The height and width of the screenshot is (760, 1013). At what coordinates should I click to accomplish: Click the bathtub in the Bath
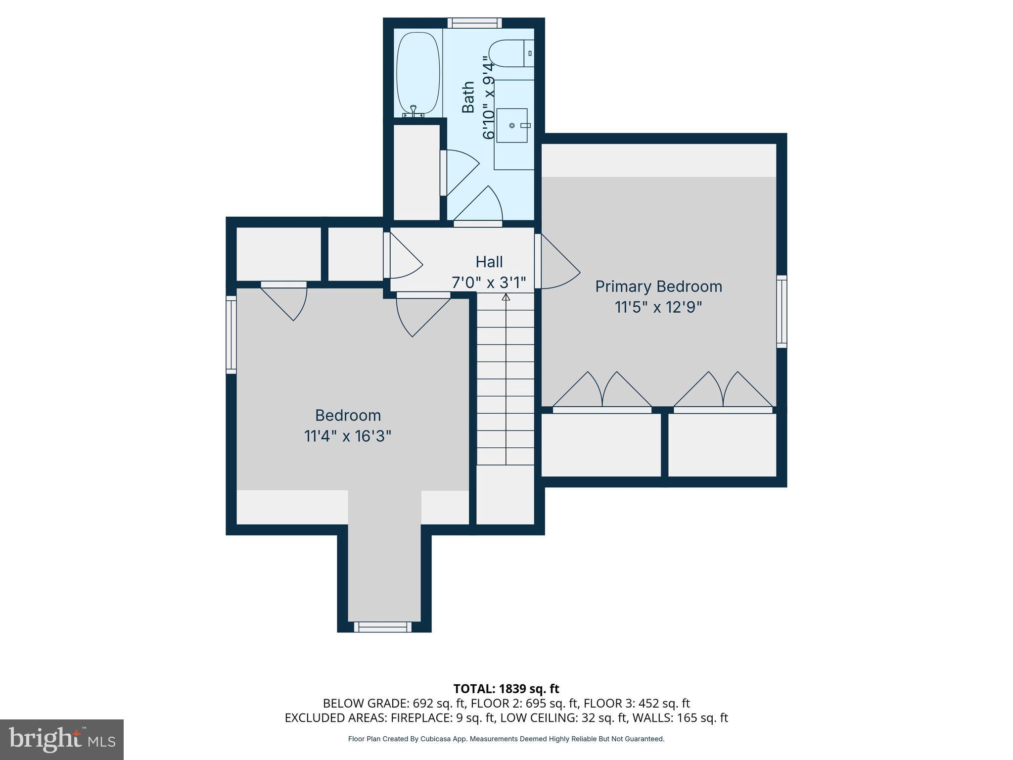pos(418,73)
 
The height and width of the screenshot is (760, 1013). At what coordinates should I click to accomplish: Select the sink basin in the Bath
pos(512,125)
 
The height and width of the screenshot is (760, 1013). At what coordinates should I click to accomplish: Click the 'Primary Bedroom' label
pos(658,286)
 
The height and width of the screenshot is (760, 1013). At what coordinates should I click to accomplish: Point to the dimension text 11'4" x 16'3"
pos(348,436)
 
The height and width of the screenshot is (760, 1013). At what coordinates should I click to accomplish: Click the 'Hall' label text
pos(489,262)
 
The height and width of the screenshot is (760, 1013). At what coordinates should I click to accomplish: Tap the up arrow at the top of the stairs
pos(506,297)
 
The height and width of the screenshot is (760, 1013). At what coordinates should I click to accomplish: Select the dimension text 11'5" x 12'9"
pos(658,307)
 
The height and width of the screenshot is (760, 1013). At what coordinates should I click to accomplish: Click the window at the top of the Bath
pos(475,23)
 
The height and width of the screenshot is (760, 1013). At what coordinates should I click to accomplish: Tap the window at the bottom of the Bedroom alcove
pos(382,627)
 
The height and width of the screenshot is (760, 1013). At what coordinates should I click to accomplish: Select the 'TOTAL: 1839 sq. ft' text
pos(506,689)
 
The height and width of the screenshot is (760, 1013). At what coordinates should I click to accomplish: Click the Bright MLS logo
pos(62,739)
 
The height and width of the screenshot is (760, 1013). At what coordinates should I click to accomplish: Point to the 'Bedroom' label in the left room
pos(348,415)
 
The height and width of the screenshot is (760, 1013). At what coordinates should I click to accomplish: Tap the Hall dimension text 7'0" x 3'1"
pos(489,283)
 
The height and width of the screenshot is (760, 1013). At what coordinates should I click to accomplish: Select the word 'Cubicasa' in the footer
pos(438,739)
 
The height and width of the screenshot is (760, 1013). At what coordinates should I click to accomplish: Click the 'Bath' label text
pos(468,97)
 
